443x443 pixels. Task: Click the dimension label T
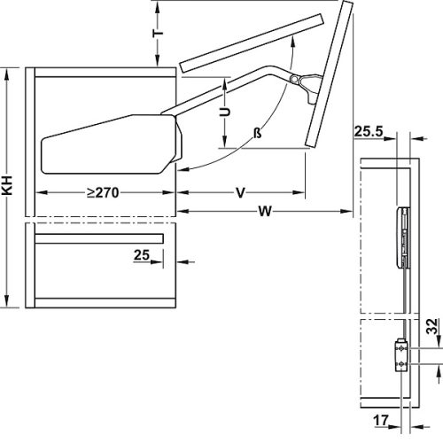158,28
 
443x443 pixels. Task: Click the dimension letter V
240,191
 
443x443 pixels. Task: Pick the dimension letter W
263,211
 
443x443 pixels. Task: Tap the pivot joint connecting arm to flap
295,78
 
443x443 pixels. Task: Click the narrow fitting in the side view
403,235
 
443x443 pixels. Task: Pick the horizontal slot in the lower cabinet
98,239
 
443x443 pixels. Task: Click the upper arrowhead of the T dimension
158,7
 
